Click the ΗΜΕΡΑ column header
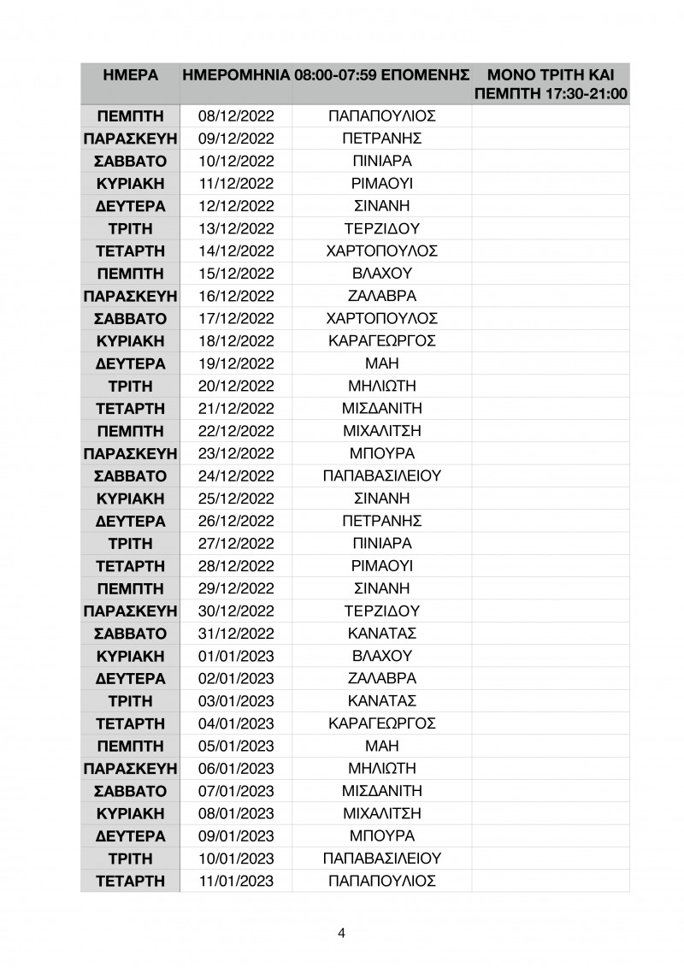(x=130, y=75)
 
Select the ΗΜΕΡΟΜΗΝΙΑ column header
(x=235, y=75)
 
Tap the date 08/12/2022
(x=235, y=116)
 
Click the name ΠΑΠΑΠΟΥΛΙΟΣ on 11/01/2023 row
(x=382, y=880)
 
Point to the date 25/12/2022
(x=235, y=499)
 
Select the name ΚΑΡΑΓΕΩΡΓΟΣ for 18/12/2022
(x=382, y=341)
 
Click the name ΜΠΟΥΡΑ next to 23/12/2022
(x=382, y=453)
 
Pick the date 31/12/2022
(x=235, y=634)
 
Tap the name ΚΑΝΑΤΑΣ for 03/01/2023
(x=382, y=700)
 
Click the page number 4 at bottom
(x=342, y=933)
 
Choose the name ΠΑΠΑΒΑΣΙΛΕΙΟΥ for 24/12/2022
(x=382, y=476)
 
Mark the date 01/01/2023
(x=235, y=656)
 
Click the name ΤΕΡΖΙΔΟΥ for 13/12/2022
(x=382, y=228)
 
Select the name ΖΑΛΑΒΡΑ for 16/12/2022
(x=382, y=296)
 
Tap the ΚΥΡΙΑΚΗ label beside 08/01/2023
(x=130, y=812)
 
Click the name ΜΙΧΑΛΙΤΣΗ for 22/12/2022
(x=382, y=431)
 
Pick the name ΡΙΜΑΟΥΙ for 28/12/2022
(x=382, y=566)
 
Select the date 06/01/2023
(x=235, y=768)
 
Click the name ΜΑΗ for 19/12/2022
(x=382, y=363)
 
